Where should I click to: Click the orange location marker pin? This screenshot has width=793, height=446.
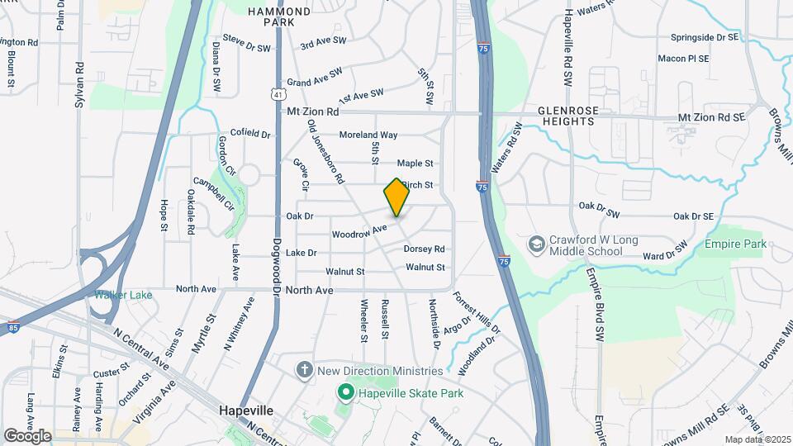(396, 197)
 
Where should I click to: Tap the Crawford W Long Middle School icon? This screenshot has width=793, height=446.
(536, 244)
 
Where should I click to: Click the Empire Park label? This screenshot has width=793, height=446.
(735, 244)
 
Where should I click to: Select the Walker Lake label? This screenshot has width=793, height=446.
(123, 295)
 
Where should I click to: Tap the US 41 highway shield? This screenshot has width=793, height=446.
(281, 95)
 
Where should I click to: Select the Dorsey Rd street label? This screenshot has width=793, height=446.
(424, 249)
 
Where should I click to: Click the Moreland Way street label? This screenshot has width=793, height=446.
(368, 135)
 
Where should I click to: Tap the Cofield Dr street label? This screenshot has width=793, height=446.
(250, 133)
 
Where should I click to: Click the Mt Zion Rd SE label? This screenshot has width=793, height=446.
(711, 118)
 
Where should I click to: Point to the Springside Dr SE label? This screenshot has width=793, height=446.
(703, 38)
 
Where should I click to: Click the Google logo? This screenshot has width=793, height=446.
(27, 435)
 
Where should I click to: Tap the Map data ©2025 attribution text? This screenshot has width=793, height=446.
(756, 439)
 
